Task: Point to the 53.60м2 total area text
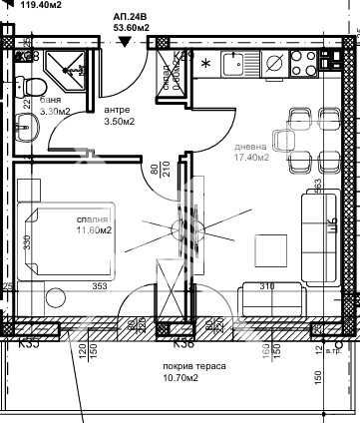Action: [130, 28]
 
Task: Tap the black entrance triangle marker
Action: [123, 42]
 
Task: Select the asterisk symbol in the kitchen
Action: [205, 66]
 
